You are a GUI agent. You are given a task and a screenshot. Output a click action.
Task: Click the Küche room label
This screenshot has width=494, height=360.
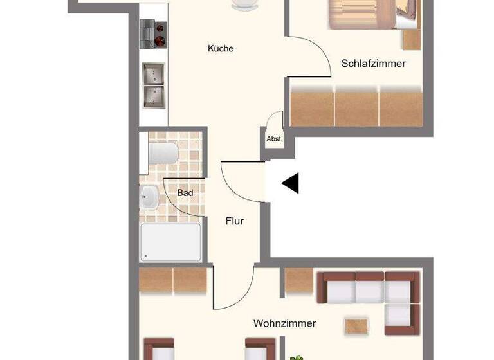tap(221, 48)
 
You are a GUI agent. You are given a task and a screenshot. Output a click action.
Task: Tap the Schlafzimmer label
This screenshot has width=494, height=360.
tap(373, 64)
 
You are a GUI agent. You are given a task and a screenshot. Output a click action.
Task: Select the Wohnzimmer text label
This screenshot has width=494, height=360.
tap(284, 323)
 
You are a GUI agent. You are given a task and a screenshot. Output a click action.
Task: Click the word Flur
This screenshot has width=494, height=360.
tap(234, 221)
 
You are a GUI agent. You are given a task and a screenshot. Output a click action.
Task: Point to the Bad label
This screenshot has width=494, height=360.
tap(185, 192)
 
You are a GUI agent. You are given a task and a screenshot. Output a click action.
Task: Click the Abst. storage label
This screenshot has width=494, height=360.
tap(273, 138)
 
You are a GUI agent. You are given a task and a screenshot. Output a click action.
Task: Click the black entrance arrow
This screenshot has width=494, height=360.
tap(291, 183)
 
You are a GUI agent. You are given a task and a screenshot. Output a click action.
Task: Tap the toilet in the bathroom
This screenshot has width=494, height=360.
tap(162, 153)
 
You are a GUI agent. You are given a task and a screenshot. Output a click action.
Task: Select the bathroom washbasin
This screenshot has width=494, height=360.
tap(149, 197)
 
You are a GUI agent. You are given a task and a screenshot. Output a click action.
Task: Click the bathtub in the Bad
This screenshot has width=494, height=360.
tap(170, 242)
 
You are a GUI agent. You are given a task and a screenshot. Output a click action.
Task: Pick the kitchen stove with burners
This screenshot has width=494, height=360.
tap(154, 34)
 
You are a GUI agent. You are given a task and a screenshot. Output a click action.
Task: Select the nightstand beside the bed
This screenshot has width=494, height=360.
tap(412, 39)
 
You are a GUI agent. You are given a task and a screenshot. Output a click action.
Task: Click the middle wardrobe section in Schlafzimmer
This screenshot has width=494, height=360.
tap(356, 108)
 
